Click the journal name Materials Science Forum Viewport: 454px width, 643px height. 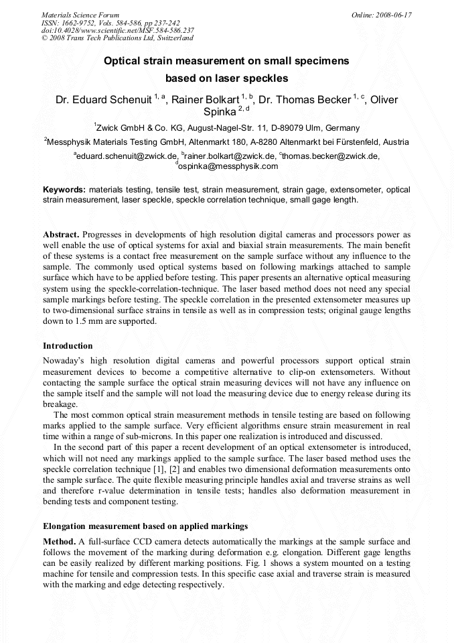point(80,14)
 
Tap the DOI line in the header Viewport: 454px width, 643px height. point(118,30)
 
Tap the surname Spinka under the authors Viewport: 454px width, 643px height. point(220,112)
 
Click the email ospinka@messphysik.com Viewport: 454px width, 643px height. point(228,166)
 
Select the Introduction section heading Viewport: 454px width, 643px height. point(68,346)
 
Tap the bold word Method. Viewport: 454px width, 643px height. point(59,541)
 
